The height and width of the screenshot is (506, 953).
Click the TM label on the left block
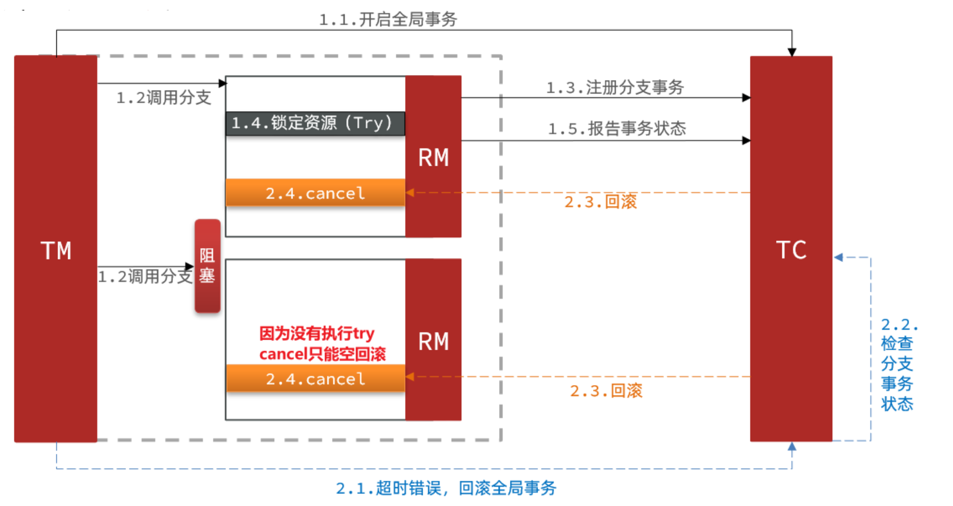(56, 250)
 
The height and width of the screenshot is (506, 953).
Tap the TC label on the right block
(791, 250)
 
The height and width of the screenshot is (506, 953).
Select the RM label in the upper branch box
(433, 158)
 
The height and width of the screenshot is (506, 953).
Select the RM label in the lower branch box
(433, 342)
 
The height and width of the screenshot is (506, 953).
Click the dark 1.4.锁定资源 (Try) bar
(315, 123)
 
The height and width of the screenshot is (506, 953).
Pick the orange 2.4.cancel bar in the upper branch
(315, 193)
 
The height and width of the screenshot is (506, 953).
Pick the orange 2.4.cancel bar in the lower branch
(315, 379)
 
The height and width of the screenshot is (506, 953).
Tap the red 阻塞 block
(207, 266)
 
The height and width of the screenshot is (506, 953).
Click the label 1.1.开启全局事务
(387, 19)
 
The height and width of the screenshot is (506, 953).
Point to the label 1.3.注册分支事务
(615, 88)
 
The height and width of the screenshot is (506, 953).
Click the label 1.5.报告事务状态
(616, 128)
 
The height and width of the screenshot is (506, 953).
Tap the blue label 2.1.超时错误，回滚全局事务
(446, 488)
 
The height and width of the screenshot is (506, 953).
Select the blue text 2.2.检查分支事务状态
(897, 364)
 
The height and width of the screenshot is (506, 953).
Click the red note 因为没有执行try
(317, 333)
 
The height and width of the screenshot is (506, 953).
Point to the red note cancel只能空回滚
(322, 354)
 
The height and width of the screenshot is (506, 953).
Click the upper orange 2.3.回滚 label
(600, 202)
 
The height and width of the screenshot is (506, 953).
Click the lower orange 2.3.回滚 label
(606, 391)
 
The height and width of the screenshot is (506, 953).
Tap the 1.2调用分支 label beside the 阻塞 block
(145, 277)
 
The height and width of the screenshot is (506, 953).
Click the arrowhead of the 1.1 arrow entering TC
(792, 52)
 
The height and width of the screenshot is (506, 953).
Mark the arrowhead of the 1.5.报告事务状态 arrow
(746, 140)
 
